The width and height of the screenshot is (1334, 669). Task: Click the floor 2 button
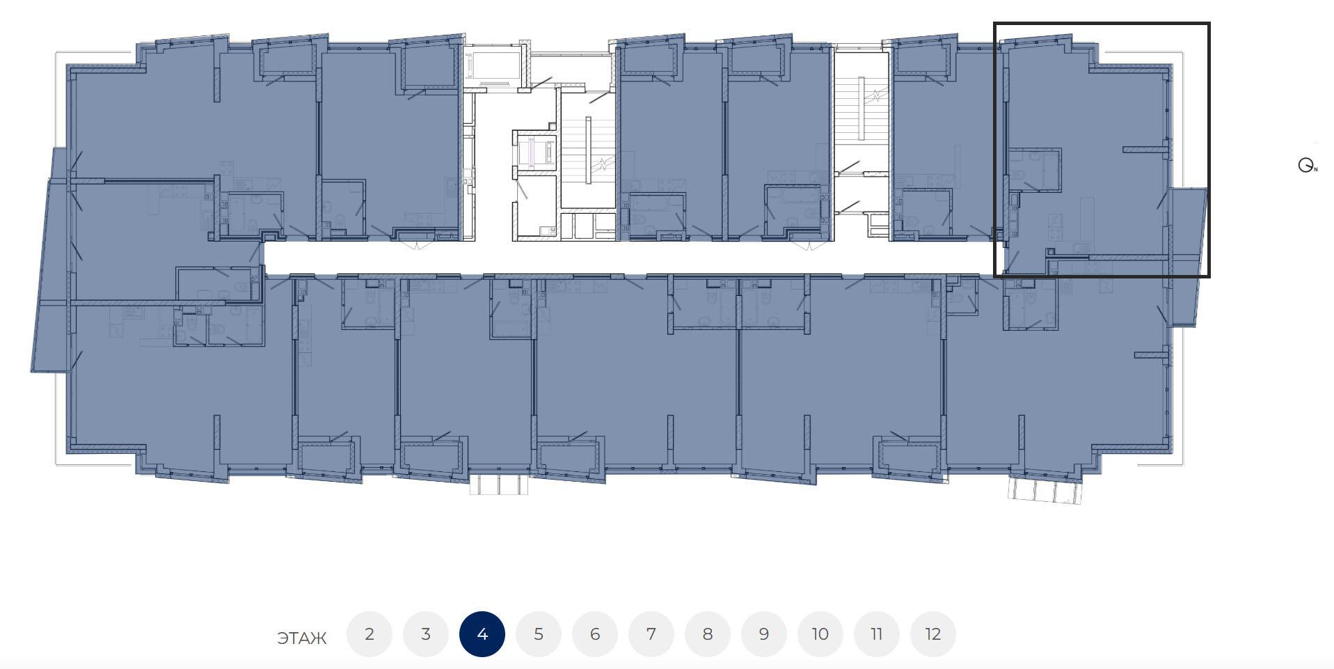370,634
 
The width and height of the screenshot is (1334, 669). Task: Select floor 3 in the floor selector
426,634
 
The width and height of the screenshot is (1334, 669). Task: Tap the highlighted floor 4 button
482,634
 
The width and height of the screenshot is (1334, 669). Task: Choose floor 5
539,634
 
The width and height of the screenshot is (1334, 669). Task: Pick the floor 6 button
595,634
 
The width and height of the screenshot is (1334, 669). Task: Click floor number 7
651,634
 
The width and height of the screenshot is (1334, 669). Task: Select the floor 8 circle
708,634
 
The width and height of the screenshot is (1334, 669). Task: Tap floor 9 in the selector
764,634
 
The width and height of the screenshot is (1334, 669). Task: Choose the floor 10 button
820,634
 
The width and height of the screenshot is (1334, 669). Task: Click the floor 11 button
877,634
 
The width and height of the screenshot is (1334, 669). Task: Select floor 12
933,634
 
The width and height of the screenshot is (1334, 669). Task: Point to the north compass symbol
1306,166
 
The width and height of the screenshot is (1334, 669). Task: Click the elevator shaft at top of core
493,67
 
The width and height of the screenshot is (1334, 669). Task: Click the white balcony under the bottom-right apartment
1046,489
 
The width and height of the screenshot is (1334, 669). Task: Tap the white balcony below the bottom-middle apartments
499,484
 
